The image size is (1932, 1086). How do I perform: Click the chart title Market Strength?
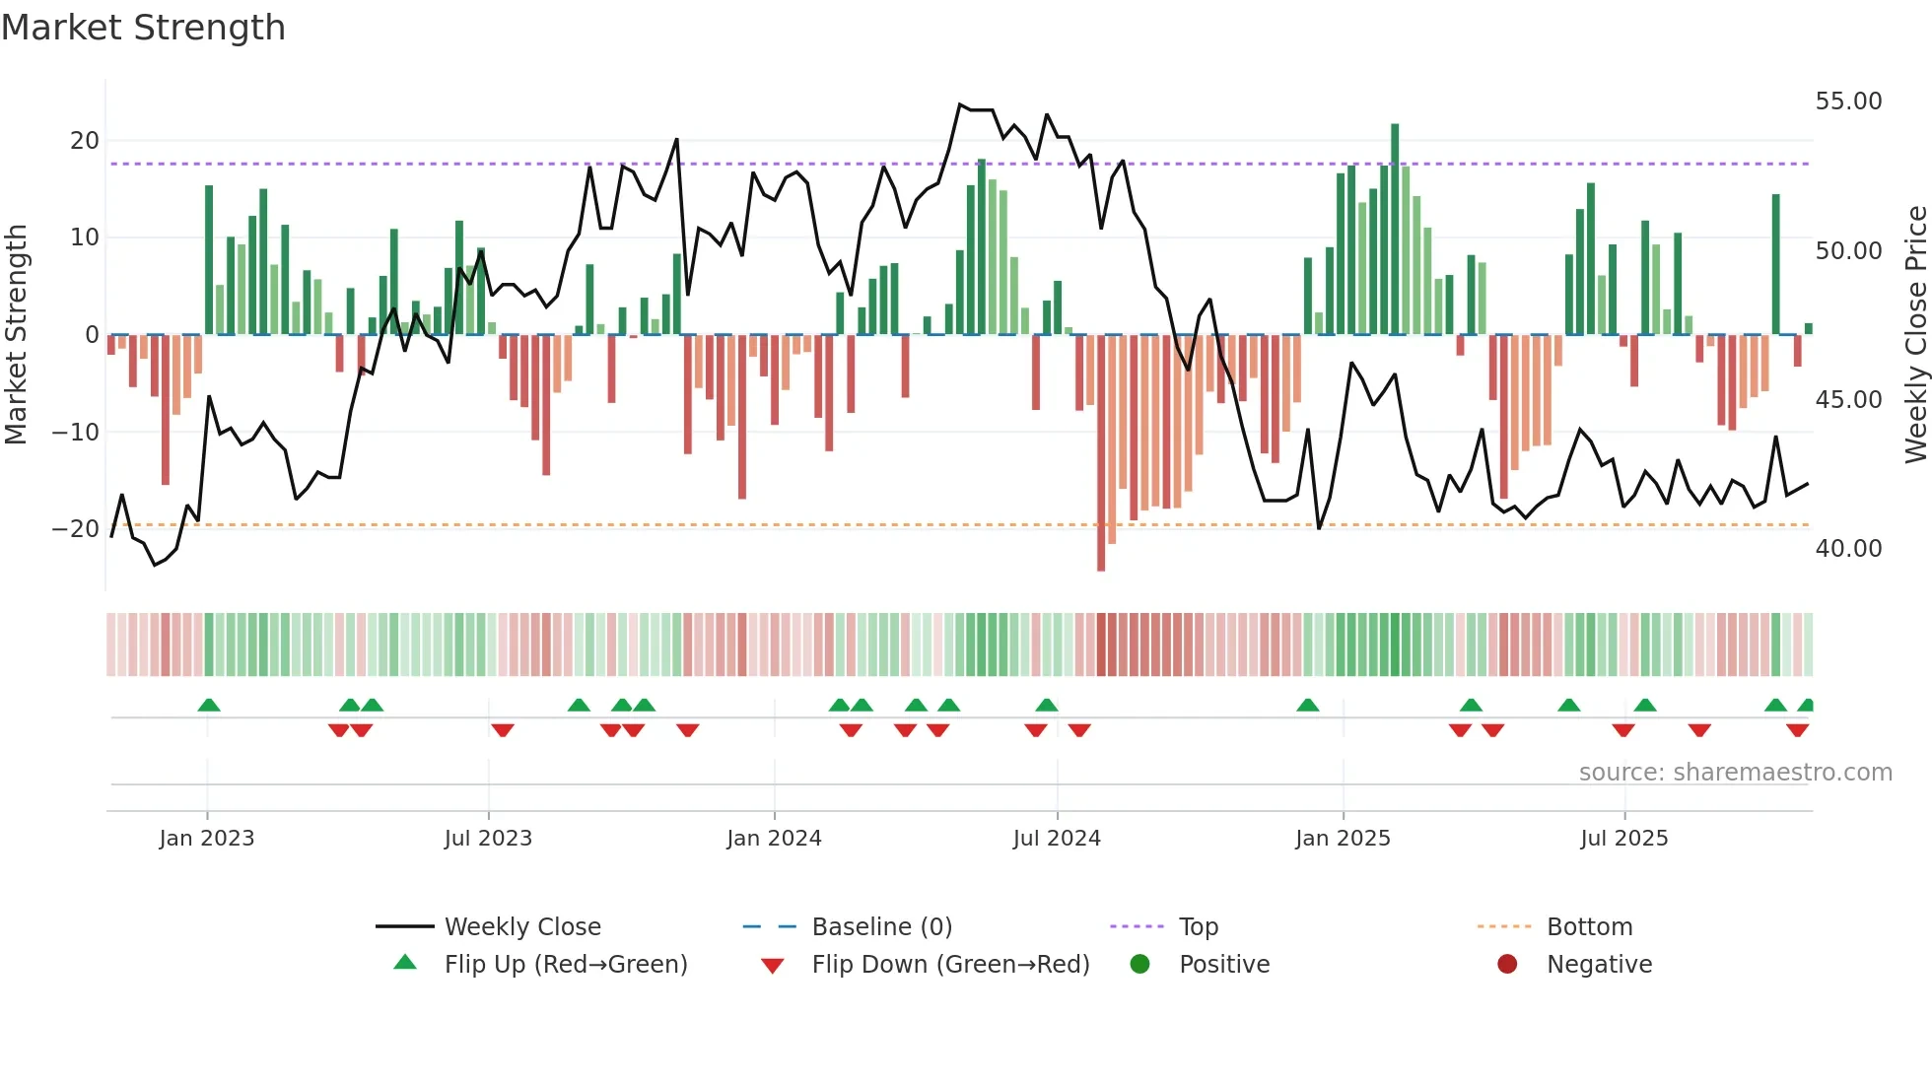143,28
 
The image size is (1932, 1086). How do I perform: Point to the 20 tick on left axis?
85,140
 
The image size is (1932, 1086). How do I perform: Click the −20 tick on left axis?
77,528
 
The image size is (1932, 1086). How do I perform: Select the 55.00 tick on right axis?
1848,101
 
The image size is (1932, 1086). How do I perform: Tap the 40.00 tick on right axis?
1848,548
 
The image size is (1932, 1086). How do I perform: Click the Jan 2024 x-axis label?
774,838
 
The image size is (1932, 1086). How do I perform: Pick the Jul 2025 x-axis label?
1623,838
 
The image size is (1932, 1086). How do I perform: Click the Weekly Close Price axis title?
1915,334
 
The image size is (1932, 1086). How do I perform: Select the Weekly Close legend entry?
521,926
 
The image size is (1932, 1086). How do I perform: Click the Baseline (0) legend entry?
881,926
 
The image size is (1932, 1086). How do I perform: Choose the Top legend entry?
1198,926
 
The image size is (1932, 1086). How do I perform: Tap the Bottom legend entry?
1589,926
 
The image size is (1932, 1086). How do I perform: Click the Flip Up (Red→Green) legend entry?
565,964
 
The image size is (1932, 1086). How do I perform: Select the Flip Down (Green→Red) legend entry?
950,964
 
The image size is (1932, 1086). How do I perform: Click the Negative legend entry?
1599,964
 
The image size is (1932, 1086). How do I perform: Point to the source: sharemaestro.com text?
1735,772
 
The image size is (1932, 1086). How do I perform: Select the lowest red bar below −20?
1101,453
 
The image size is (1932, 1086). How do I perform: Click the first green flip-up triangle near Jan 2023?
209,705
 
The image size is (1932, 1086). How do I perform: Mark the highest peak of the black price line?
960,104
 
